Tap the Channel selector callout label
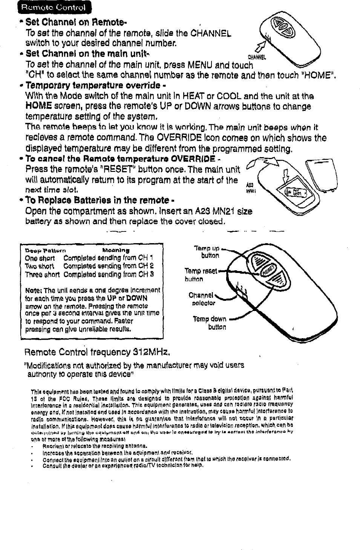[x=202, y=299]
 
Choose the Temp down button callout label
[x=210, y=323]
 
